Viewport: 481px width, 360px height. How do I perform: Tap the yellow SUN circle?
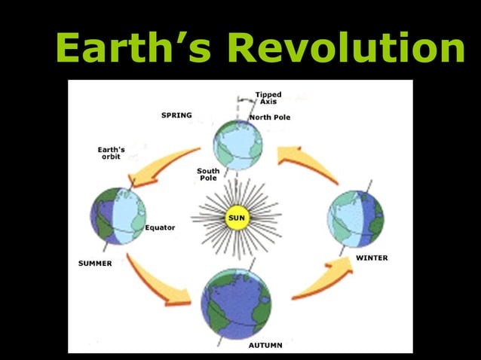(x=236, y=218)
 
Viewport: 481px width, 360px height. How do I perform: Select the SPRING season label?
(x=176, y=115)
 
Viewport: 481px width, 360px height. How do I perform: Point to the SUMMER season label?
(x=95, y=264)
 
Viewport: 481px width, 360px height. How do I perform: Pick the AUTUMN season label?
(x=265, y=345)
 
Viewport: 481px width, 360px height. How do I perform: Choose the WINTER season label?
(x=372, y=258)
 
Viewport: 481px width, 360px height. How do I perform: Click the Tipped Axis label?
(x=268, y=98)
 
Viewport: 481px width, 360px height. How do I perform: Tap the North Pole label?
(x=269, y=117)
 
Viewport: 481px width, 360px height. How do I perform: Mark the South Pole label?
(x=208, y=174)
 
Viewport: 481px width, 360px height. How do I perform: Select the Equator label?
(x=160, y=227)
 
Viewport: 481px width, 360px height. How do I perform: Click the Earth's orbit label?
(x=111, y=153)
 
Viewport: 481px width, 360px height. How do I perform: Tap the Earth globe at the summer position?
(x=118, y=216)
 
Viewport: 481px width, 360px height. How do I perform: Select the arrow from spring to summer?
(x=161, y=164)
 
